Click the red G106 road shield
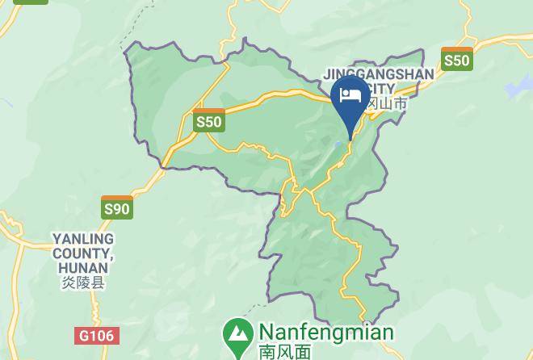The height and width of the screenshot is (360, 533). tap(98, 335)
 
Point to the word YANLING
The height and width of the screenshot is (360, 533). tap(83, 240)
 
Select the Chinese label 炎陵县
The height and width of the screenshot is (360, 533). tap(83, 283)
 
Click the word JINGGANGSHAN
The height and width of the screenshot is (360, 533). tap(379, 74)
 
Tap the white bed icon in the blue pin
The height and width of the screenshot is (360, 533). tap(350, 94)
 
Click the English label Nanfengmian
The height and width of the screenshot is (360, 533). tap(325, 333)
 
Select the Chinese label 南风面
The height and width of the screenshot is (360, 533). tap(284, 351)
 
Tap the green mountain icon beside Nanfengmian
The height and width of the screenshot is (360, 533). tap(237, 333)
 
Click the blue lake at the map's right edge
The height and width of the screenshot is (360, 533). tap(517, 86)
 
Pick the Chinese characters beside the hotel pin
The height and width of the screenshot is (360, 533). tap(387, 103)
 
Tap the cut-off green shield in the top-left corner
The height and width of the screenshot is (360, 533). tap(31, 2)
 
